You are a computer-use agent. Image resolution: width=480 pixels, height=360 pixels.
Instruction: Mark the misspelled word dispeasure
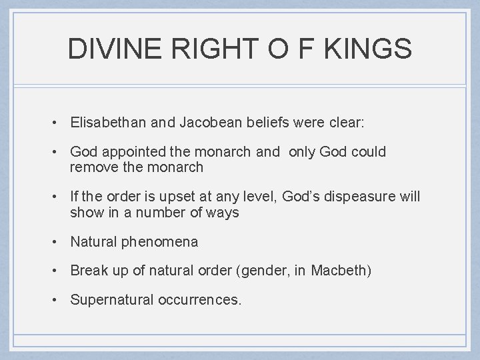pos(353,197)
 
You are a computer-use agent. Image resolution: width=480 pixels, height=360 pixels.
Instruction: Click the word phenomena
pos(159,242)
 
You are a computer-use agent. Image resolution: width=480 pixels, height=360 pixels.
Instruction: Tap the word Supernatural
pos(111,301)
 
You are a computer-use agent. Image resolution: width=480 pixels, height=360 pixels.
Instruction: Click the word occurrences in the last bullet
pos(200,301)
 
